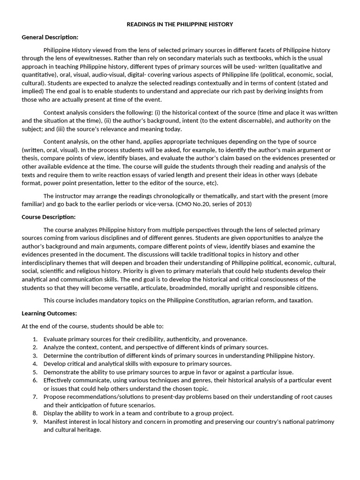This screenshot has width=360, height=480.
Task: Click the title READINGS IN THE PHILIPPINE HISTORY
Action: [180, 24]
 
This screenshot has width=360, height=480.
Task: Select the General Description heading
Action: [50, 37]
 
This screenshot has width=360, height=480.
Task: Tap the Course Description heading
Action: [49, 217]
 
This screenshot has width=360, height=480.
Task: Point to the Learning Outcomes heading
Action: [49, 313]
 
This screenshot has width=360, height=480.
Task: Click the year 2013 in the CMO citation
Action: [242, 204]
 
